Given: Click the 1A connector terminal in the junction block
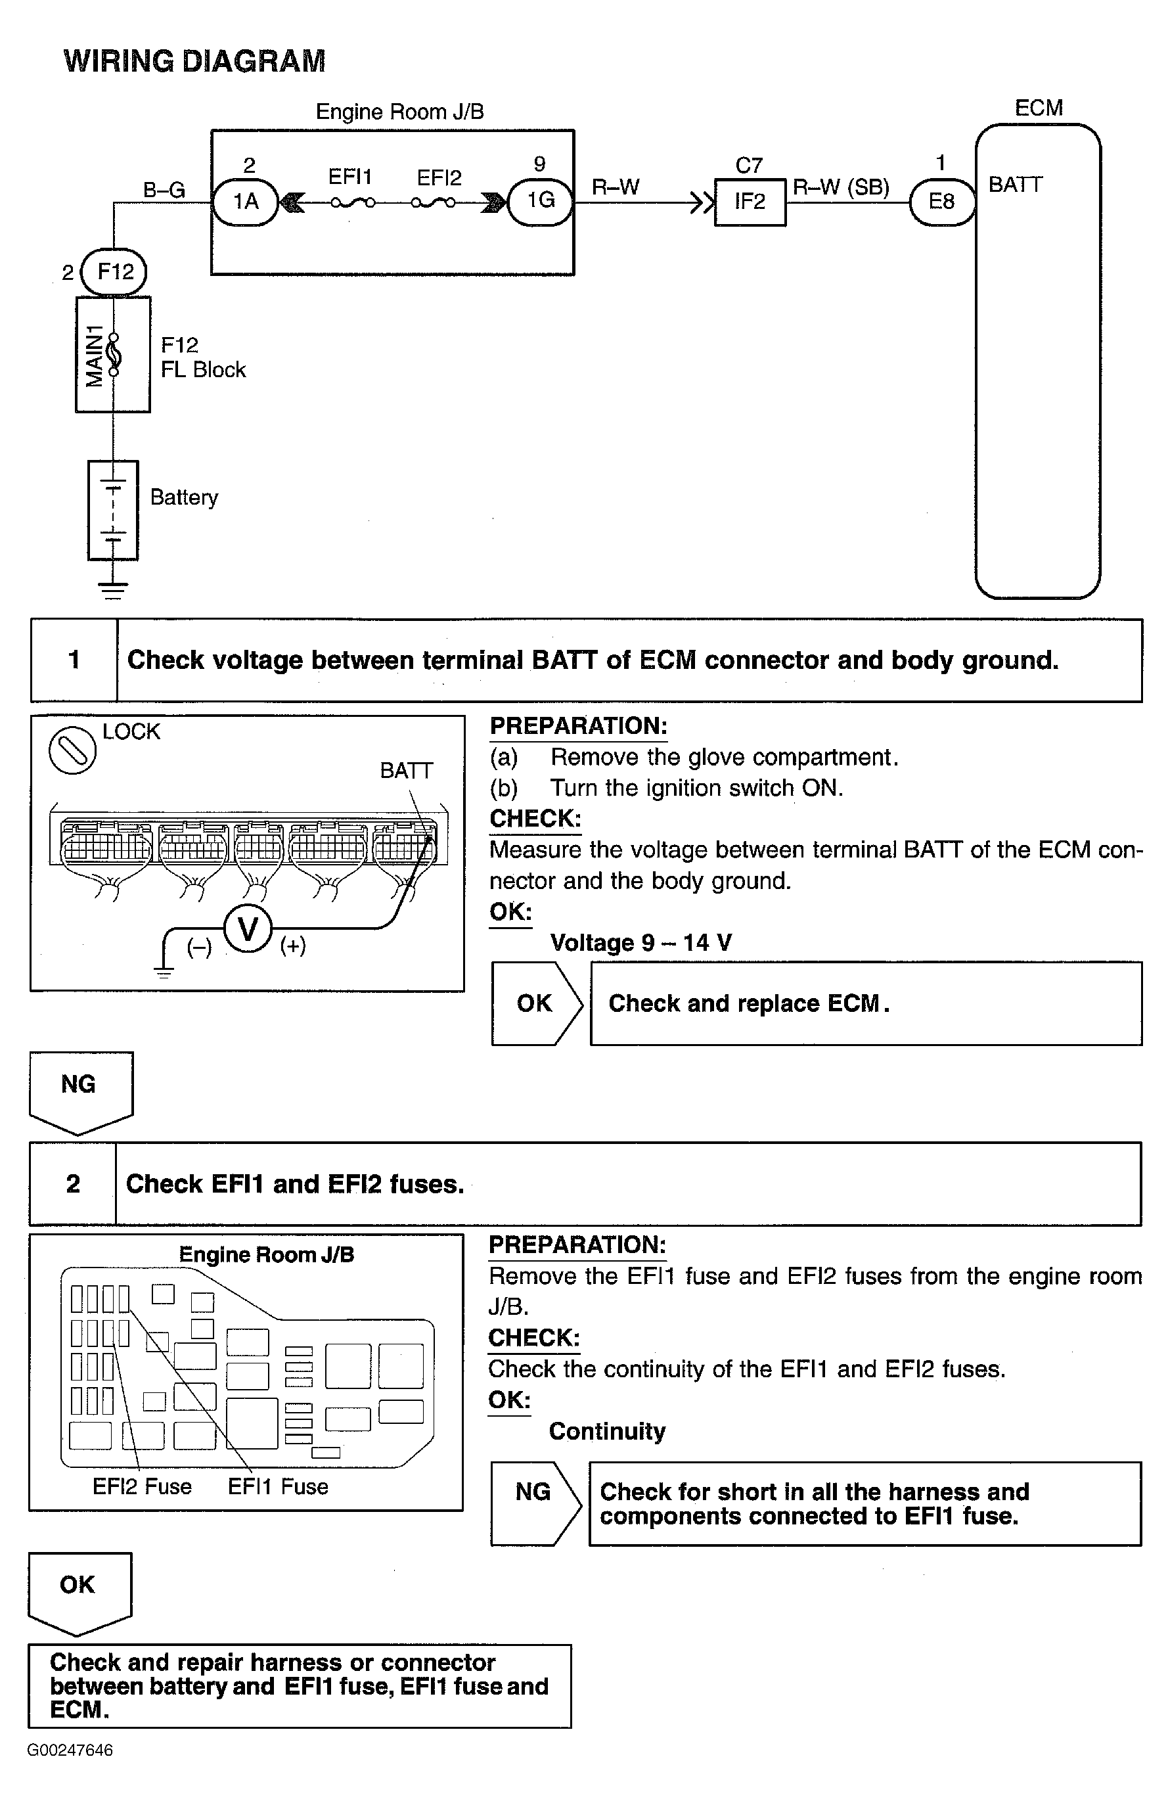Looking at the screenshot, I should (x=245, y=202).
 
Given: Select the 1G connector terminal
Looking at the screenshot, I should (x=540, y=201).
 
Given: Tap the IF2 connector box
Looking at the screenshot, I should (x=750, y=202).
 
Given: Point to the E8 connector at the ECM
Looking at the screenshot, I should (x=941, y=202).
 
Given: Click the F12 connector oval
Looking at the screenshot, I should (x=114, y=271).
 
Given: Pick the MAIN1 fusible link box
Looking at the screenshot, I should (x=112, y=354).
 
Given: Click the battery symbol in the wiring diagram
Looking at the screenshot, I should (x=112, y=511).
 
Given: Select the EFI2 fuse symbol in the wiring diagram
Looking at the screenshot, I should (x=433, y=202).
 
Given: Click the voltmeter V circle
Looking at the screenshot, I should (x=247, y=928).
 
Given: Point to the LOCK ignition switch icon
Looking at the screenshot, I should (x=72, y=751).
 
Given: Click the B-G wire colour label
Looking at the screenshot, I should (x=164, y=190).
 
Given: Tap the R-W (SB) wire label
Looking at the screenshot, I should (x=840, y=187).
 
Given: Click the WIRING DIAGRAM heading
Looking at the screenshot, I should (x=194, y=60).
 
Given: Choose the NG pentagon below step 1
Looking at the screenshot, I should (x=80, y=1090).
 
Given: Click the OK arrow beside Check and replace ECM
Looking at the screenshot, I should (x=536, y=1003).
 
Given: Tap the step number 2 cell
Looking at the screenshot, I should (x=73, y=1184).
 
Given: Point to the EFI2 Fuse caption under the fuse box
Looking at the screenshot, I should (x=142, y=1486).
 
